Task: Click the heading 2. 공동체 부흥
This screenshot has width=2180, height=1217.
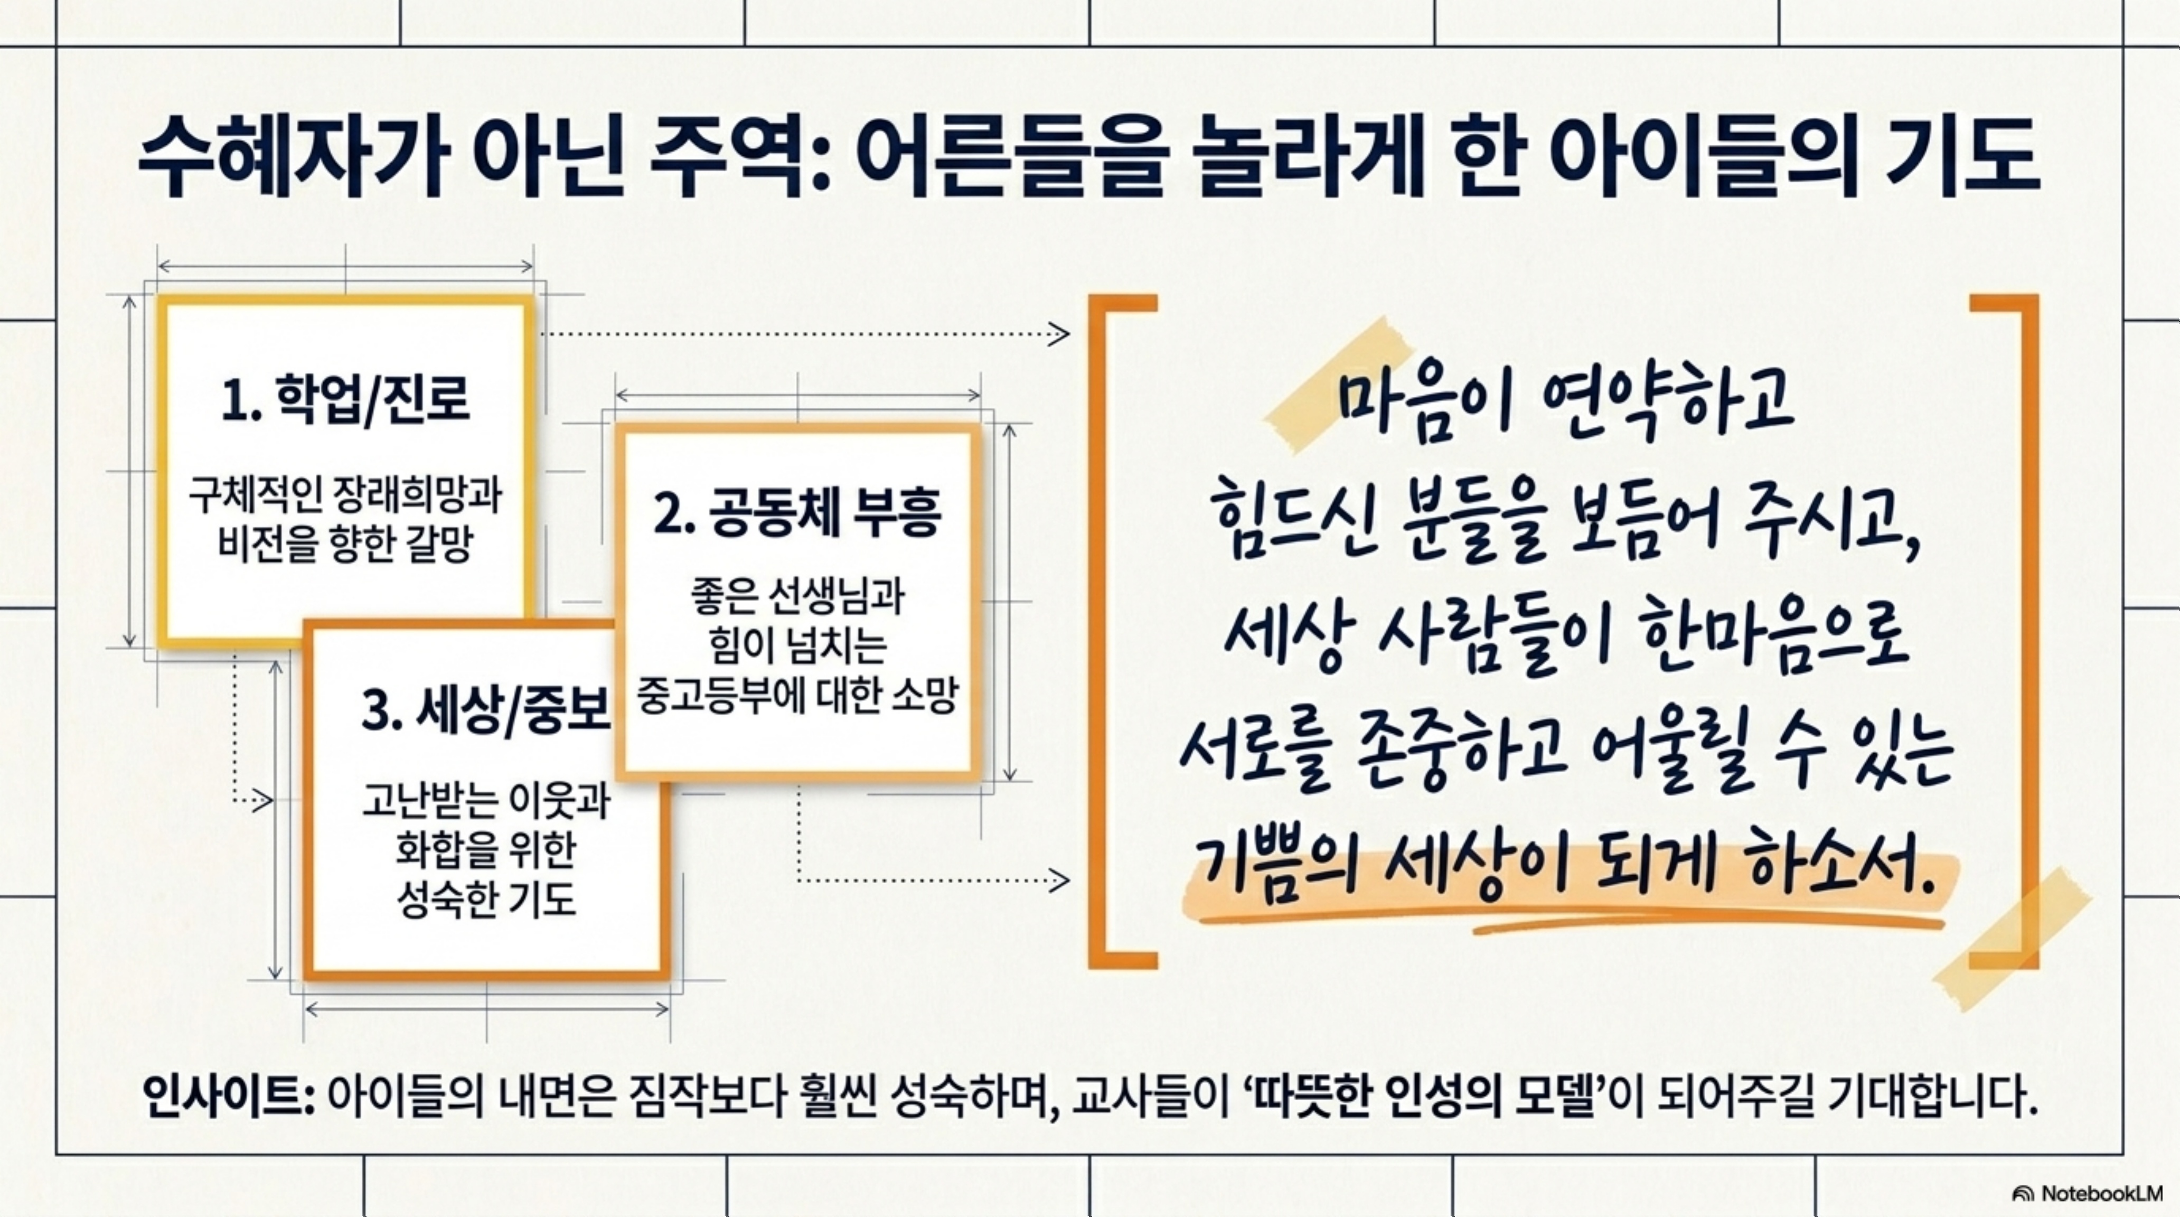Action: (x=797, y=513)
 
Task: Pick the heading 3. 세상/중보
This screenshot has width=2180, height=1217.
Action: (x=485, y=711)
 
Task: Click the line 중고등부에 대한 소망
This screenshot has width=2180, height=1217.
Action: (x=797, y=696)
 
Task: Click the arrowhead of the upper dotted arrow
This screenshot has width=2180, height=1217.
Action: (x=1059, y=334)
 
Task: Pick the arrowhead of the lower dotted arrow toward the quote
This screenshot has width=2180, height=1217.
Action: (x=1059, y=880)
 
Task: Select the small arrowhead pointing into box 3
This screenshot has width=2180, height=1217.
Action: (x=263, y=799)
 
